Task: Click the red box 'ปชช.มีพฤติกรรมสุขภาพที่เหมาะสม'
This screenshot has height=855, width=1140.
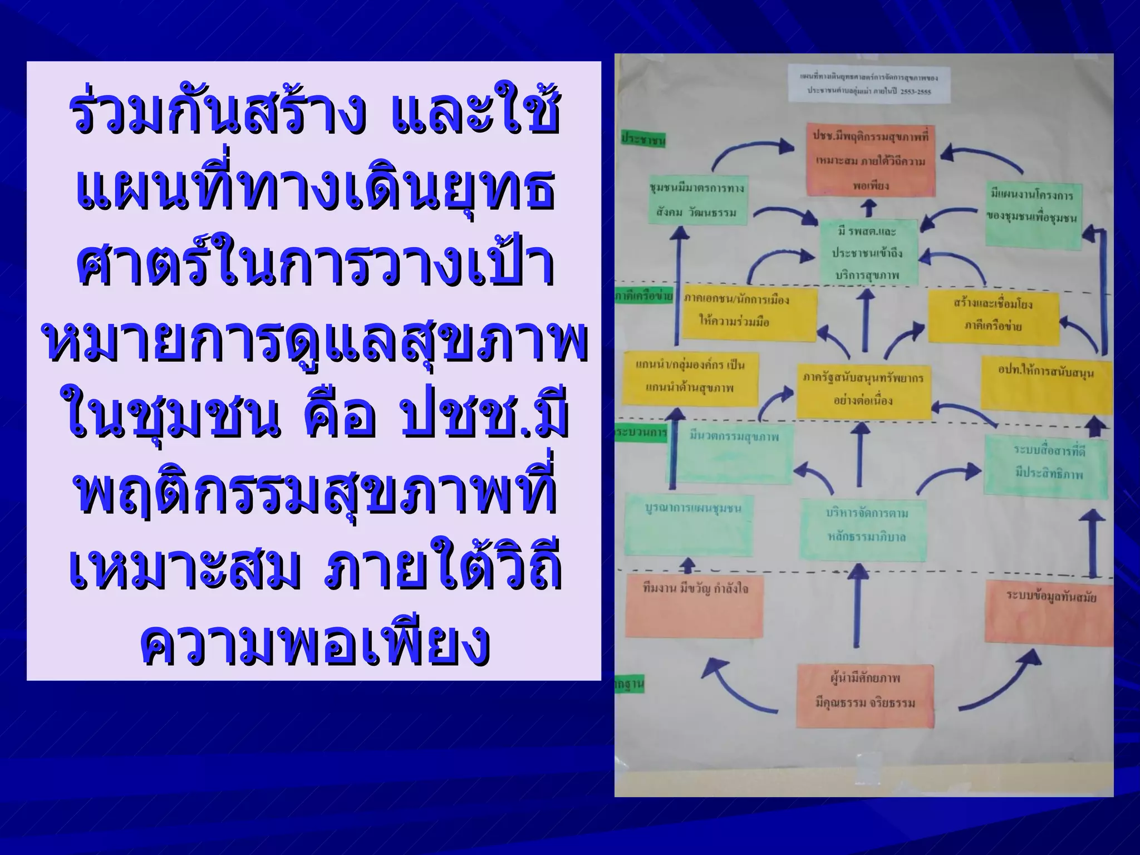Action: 871,160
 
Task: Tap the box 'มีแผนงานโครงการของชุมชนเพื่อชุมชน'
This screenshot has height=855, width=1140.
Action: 1034,214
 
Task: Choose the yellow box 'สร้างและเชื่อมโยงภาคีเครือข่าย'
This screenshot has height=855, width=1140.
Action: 993,316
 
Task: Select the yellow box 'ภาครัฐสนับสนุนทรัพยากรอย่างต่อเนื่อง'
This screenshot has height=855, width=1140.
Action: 863,390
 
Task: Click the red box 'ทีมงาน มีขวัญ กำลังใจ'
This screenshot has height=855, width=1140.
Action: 694,607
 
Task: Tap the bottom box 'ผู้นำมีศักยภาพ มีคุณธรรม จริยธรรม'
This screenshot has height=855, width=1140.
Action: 864,695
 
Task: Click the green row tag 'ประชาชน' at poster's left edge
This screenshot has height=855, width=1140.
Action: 643,140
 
